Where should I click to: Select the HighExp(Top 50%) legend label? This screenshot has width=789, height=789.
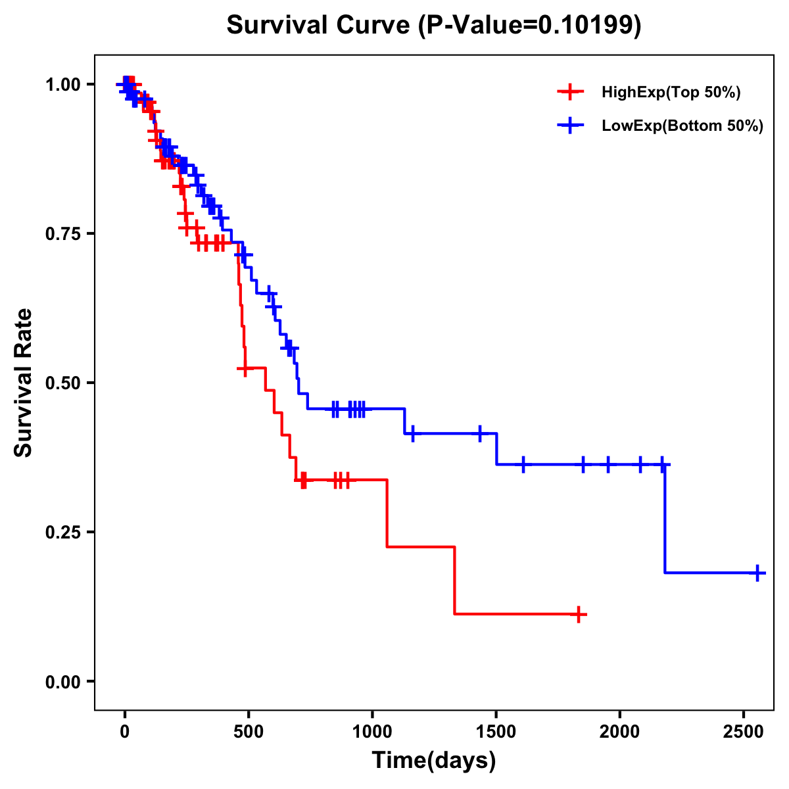click(671, 93)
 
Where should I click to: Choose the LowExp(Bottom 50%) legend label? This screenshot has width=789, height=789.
click(682, 126)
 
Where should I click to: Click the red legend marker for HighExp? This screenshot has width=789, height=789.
click(570, 93)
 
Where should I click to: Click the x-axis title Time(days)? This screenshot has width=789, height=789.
click(434, 761)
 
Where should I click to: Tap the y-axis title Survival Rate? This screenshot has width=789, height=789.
click(24, 383)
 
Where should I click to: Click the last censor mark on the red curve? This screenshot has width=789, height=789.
click(578, 614)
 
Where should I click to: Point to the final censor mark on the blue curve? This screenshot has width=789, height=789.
click(757, 573)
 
